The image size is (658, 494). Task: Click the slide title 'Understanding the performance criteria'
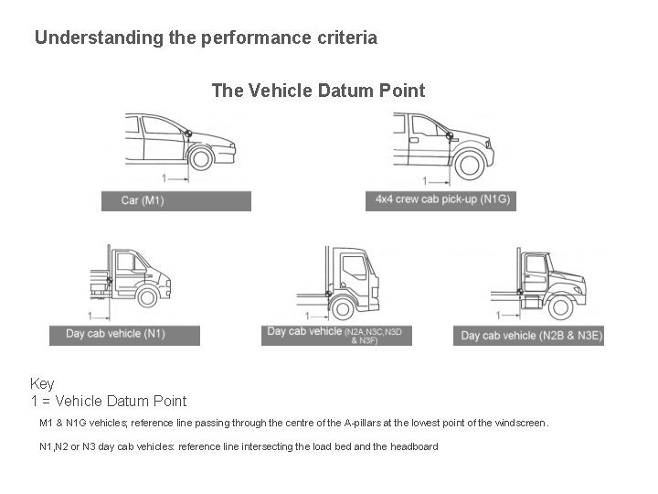pyautogui.click(x=206, y=38)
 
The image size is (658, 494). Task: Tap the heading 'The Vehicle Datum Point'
pyautogui.click(x=318, y=91)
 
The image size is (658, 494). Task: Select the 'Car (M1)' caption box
pyautogui.click(x=175, y=200)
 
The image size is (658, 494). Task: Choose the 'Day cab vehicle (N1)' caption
pyautogui.click(x=124, y=334)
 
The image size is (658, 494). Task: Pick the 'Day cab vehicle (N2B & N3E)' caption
pyautogui.click(x=528, y=336)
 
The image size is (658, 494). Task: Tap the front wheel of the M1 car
pyautogui.click(x=200, y=158)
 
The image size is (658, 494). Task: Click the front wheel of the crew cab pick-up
pyautogui.click(x=470, y=165)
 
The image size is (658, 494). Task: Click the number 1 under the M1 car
pyautogui.click(x=164, y=177)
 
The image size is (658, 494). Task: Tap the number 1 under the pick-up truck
pyautogui.click(x=427, y=181)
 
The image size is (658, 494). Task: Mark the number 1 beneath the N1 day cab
pyautogui.click(x=89, y=315)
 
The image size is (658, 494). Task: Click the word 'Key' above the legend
pyautogui.click(x=42, y=383)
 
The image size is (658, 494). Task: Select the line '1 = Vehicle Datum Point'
pyautogui.click(x=108, y=401)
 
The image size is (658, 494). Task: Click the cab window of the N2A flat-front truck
pyautogui.click(x=353, y=266)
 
